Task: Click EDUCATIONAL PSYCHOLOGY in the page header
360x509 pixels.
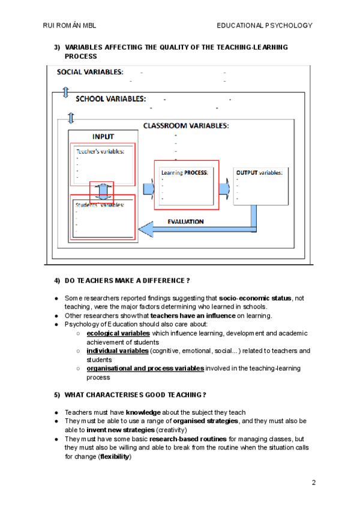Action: (x=265, y=25)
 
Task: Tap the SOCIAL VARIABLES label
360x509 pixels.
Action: (x=90, y=72)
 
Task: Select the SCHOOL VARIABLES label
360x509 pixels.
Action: (x=110, y=99)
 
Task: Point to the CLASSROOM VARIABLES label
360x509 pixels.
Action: (x=185, y=126)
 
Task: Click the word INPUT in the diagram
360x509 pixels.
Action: (x=103, y=136)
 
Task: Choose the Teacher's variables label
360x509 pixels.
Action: (x=100, y=151)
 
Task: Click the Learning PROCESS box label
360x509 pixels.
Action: (x=184, y=172)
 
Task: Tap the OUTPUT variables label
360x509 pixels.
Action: (x=259, y=172)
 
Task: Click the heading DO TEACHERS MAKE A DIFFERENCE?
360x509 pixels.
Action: (x=127, y=281)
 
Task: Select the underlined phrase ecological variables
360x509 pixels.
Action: (x=118, y=333)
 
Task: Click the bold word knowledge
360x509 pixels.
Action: (x=143, y=412)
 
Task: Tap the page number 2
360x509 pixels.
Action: (x=313, y=482)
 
